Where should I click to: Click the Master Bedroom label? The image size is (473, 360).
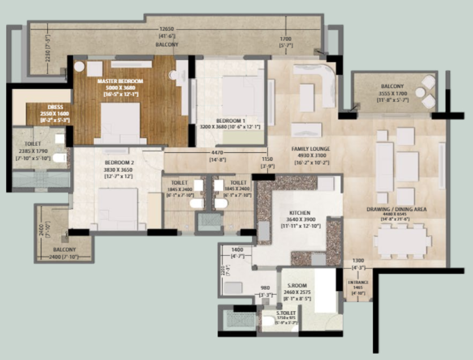tap(120, 82)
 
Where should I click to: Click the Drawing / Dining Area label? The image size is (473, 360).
tap(397, 209)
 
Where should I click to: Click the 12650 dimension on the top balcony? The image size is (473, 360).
tap(165, 29)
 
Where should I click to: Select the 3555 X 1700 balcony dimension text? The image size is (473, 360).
tap(393, 94)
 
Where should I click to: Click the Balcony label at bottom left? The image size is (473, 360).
tap(65, 250)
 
